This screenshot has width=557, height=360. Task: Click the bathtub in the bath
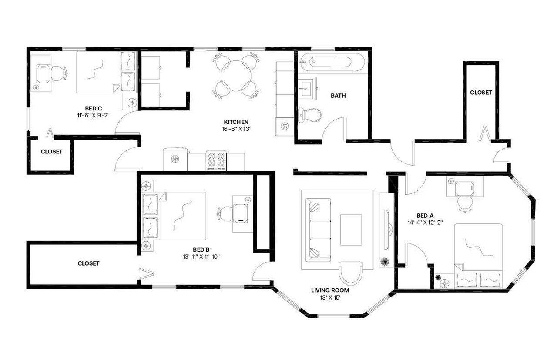click(x=332, y=63)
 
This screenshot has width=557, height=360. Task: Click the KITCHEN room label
click(x=236, y=122)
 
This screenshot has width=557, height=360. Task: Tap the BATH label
click(x=338, y=96)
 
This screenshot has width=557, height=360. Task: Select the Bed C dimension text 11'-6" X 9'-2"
click(x=94, y=116)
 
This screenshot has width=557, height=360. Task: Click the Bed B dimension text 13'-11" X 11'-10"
click(x=201, y=257)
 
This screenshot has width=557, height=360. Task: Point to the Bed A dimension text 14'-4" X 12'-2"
click(x=425, y=222)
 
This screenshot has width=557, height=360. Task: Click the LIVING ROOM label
click(x=330, y=290)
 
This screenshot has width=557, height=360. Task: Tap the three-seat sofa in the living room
click(x=318, y=229)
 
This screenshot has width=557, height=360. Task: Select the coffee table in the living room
click(x=351, y=230)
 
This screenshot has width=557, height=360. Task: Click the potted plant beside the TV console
click(x=385, y=262)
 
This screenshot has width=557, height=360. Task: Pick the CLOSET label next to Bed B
click(x=89, y=263)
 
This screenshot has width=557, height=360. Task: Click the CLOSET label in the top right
click(x=481, y=93)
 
